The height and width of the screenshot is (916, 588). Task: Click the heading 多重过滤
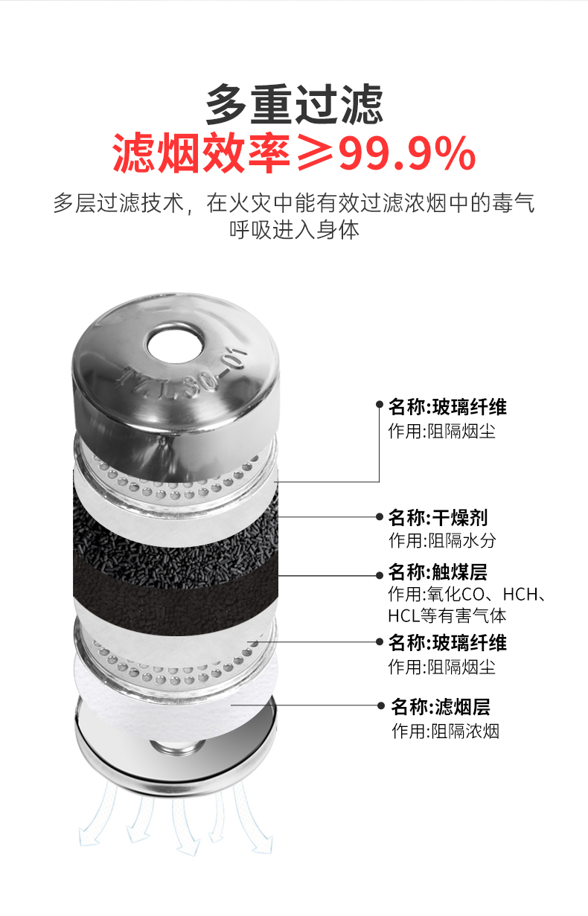[294, 104]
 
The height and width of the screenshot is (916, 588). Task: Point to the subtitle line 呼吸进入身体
[294, 229]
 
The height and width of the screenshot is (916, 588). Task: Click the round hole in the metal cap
[176, 343]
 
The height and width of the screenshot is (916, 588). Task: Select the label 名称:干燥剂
[438, 517]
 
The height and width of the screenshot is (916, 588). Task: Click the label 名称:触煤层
[438, 571]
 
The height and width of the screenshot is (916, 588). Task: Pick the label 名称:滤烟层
[441, 706]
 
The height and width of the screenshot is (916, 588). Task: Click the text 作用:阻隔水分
[442, 541]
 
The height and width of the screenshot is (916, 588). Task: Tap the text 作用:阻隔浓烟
[445, 731]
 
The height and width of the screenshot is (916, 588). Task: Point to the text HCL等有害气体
[447, 616]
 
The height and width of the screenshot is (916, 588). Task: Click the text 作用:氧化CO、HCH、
[467, 595]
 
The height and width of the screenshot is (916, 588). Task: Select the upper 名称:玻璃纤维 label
[447, 406]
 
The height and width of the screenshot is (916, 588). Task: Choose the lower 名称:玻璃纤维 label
[447, 642]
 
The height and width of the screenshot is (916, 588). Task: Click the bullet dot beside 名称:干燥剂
[379, 516]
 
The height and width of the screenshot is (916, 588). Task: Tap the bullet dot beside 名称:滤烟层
[381, 705]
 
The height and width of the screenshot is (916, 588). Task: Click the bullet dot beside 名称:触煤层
[379, 575]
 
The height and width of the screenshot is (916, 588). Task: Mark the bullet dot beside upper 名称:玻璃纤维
[379, 405]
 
